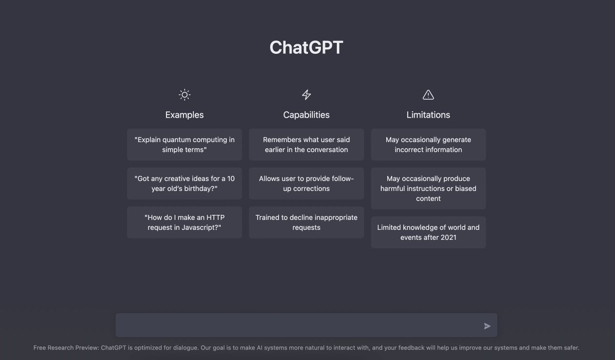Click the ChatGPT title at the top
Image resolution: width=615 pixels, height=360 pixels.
pos(306,48)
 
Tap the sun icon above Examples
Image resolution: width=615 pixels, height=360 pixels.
pos(184,94)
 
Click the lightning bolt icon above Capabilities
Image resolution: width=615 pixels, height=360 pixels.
pos(306,94)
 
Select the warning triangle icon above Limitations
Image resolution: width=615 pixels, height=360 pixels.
pos(428,94)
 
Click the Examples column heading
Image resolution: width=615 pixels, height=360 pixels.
pos(184,115)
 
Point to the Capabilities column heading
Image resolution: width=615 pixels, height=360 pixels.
pos(306,115)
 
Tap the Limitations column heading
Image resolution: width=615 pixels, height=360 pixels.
pos(428,115)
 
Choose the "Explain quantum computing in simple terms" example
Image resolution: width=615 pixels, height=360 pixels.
pos(184,145)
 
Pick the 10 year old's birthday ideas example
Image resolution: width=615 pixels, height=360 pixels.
pos(184,184)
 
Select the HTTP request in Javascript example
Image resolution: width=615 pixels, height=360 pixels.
pos(184,223)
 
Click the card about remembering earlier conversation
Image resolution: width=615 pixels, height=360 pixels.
pos(306,145)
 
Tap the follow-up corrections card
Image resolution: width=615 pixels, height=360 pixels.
pos(306,184)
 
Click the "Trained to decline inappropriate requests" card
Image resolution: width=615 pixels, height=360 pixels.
pos(306,223)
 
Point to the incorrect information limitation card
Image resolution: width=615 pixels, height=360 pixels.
pos(428,145)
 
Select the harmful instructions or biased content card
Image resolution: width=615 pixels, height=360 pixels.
pos(428,188)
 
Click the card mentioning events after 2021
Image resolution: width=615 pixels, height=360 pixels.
pos(428,232)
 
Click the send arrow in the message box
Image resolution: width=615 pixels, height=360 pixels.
pos(487,326)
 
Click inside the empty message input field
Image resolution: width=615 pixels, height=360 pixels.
pos(297,326)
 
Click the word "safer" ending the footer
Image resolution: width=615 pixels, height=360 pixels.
pos(570,348)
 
